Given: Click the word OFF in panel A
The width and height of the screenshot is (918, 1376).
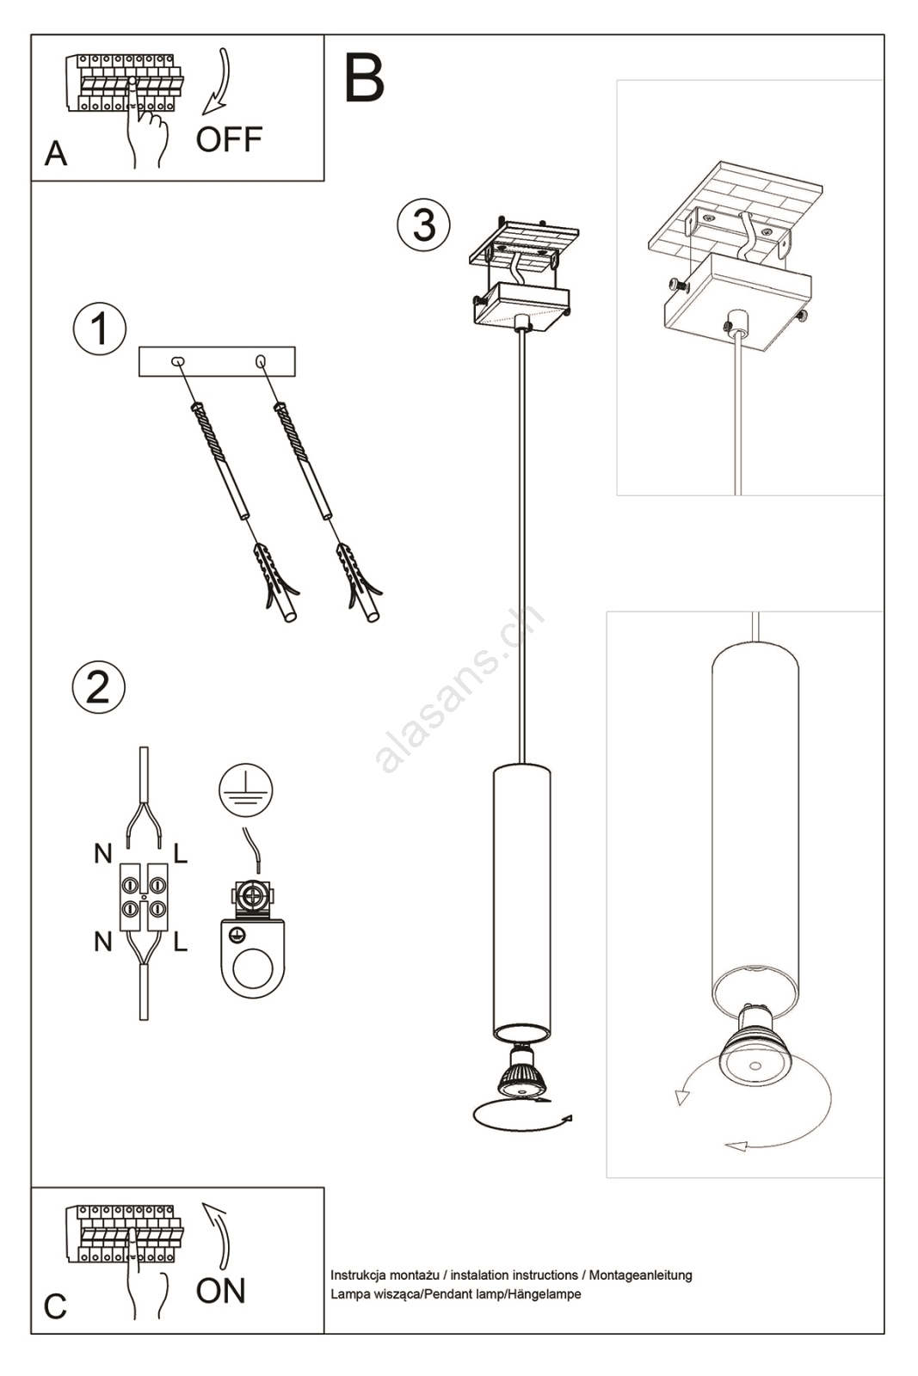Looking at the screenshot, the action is tap(229, 139).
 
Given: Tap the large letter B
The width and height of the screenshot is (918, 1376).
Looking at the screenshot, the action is tap(365, 78).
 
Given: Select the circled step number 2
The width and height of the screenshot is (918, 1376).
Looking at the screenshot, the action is tap(99, 687).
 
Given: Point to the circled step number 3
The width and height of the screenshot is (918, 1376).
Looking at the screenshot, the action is tap(423, 224).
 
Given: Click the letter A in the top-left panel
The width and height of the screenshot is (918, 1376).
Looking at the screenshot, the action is tap(55, 154).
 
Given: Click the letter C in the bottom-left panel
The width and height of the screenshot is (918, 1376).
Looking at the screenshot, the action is tap(55, 1306).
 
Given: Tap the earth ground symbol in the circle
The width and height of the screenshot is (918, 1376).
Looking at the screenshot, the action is tap(246, 790).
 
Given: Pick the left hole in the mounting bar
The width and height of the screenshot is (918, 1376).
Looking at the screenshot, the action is tap(178, 361).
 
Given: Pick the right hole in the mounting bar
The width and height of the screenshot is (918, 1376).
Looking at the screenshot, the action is tap(261, 361).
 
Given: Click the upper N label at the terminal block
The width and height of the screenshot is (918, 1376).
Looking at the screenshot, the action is tap(103, 853).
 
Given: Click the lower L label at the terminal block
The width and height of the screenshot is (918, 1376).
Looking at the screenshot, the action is tap(180, 942).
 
